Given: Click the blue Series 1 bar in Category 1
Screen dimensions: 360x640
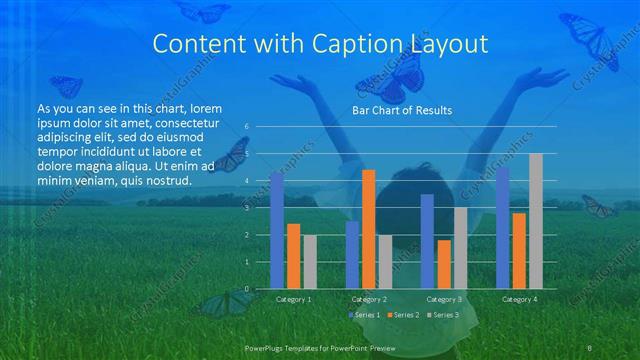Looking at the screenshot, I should tap(277, 231).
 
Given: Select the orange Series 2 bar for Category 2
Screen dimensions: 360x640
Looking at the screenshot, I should tap(369, 229).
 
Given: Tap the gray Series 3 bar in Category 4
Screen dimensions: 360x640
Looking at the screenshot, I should tap(536, 221).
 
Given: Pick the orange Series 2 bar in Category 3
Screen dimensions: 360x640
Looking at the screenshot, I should tap(444, 264).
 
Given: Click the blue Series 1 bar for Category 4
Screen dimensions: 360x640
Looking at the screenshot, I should tap(503, 228).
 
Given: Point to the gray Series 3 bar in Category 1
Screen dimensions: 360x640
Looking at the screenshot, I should tap(310, 262).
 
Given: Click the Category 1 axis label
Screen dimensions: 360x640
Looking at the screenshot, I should tap(293, 299).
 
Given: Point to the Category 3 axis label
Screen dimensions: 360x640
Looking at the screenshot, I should tap(444, 299).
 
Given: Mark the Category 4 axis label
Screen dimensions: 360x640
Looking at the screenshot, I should tap(519, 299).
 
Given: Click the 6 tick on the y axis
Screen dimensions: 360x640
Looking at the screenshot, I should tap(247, 126).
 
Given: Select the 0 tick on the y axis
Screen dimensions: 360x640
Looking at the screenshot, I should tap(247, 289).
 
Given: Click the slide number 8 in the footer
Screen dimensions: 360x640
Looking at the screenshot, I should tap(590, 347).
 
